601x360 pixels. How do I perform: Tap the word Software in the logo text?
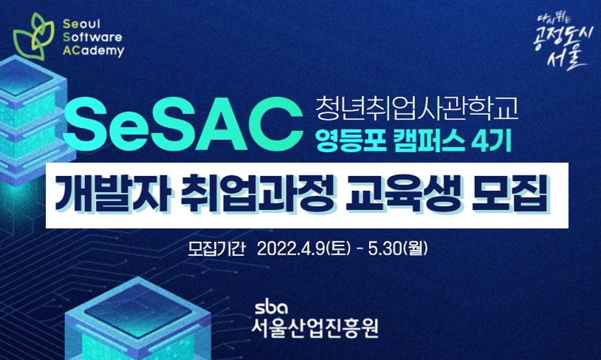pyautogui.click(x=93, y=37)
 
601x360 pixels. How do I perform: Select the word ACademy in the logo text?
pyautogui.click(x=93, y=51)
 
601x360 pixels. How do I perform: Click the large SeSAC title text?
pyautogui.click(x=183, y=124)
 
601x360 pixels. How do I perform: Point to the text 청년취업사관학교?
pyautogui.click(x=416, y=108)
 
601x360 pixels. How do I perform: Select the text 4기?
pyautogui.click(x=492, y=141)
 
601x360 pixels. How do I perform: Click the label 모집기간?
pyautogui.click(x=216, y=249)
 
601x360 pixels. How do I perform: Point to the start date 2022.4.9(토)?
pyautogui.click(x=303, y=249)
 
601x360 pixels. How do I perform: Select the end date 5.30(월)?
pyautogui.click(x=398, y=249)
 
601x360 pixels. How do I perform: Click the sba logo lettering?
pyautogui.click(x=272, y=308)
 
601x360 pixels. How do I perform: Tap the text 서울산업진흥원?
pyautogui.click(x=315, y=328)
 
